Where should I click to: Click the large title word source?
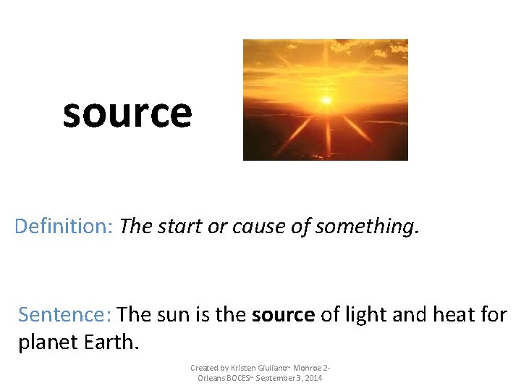(x=127, y=114)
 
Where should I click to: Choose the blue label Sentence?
(x=64, y=315)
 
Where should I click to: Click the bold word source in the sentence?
(x=283, y=316)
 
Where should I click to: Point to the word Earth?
(x=113, y=341)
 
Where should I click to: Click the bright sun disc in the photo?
(x=326, y=100)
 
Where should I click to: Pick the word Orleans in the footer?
(x=210, y=379)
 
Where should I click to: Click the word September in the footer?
(x=274, y=379)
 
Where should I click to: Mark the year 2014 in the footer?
(x=313, y=379)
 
